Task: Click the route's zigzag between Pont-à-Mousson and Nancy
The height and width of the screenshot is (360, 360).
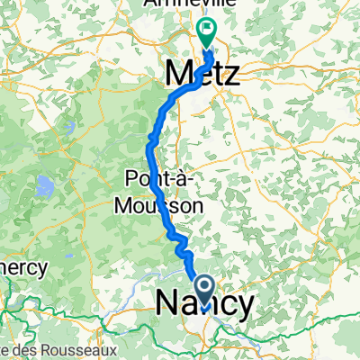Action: [x=180, y=241]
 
